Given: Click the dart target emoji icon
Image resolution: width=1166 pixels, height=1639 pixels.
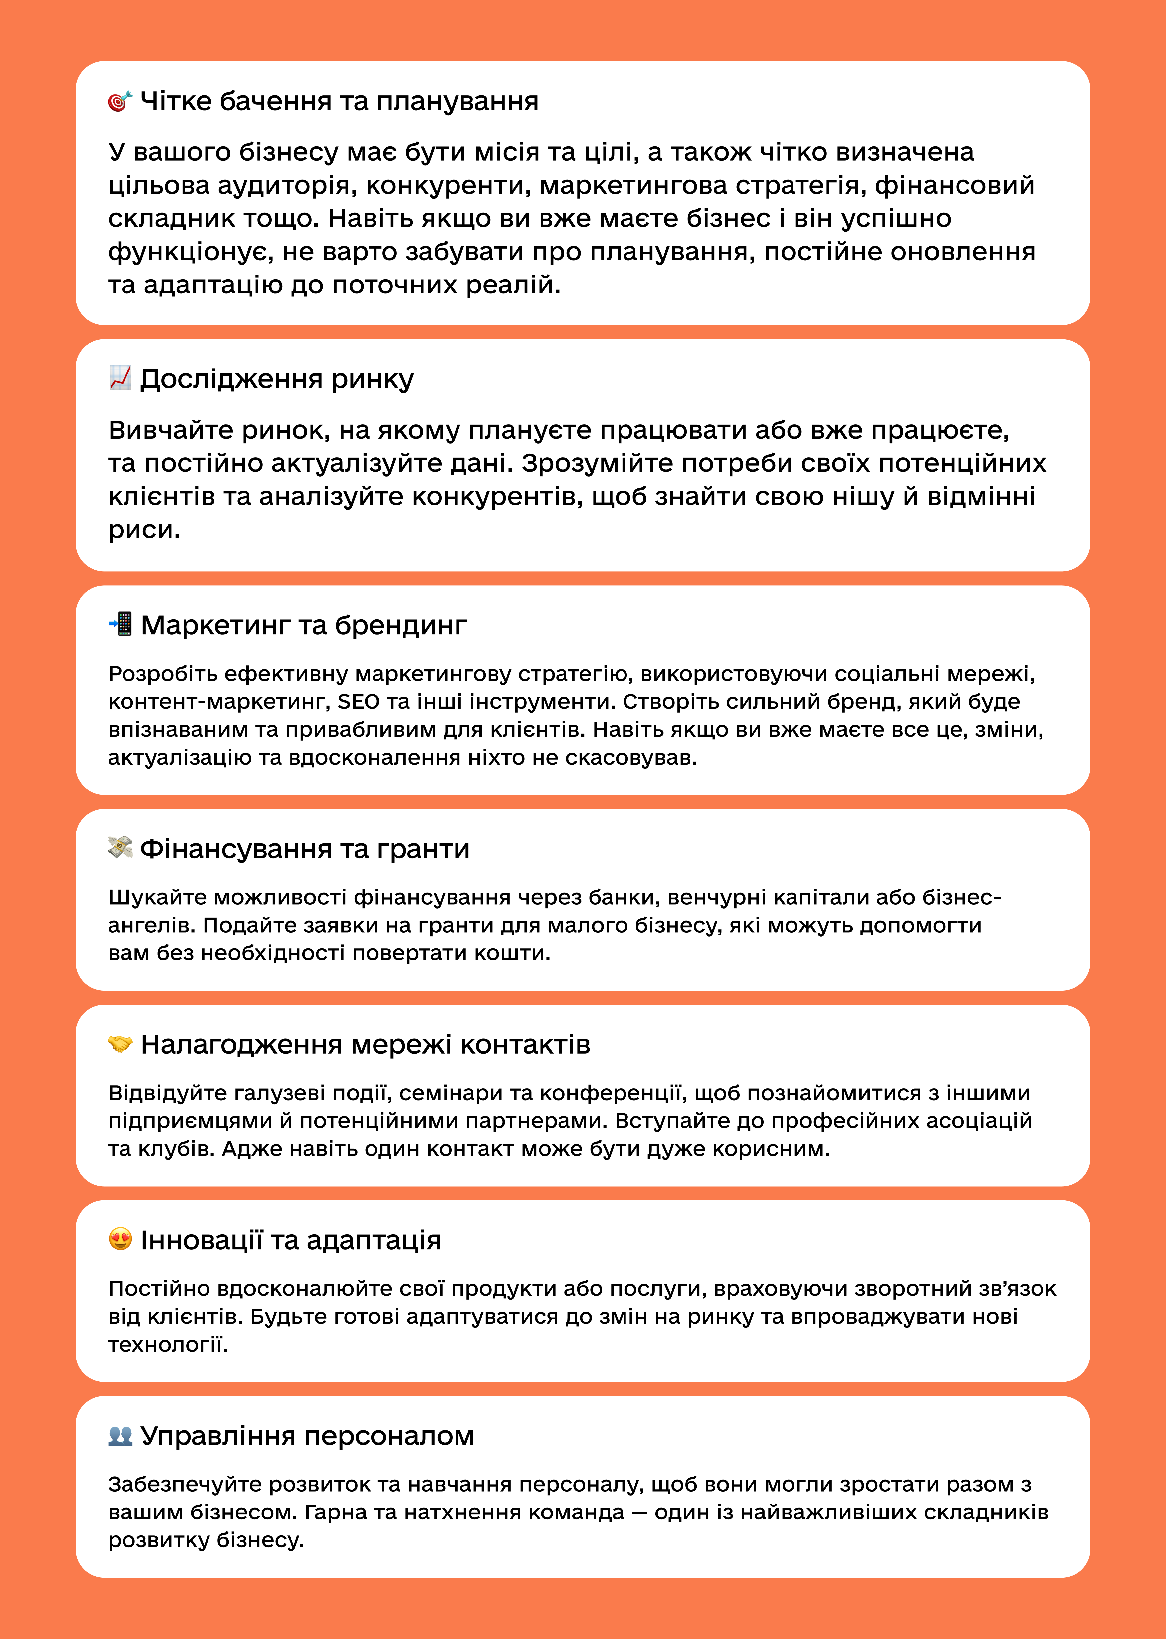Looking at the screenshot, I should coord(120,101).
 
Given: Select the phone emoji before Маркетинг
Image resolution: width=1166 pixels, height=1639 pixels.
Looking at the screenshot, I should coord(120,624).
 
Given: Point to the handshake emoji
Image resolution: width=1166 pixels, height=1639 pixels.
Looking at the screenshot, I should coord(120,1043).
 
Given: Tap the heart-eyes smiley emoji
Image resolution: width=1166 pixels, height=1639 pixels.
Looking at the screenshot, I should coord(120,1239).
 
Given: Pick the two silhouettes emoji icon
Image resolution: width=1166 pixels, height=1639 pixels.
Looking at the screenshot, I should coord(120,1435).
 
